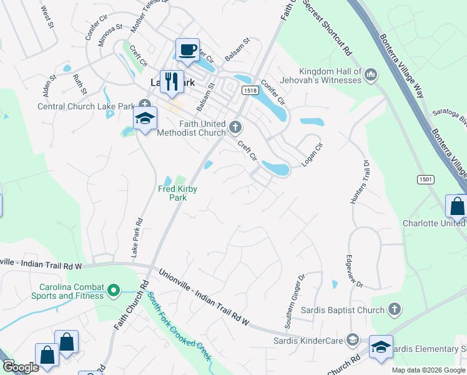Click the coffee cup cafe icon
187,49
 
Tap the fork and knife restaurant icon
170,81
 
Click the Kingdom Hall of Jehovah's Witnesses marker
371,76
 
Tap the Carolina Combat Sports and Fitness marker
113,290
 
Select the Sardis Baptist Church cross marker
394,309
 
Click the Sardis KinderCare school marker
352,340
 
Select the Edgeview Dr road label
353,270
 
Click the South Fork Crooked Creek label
179,325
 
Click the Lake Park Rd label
137,238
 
